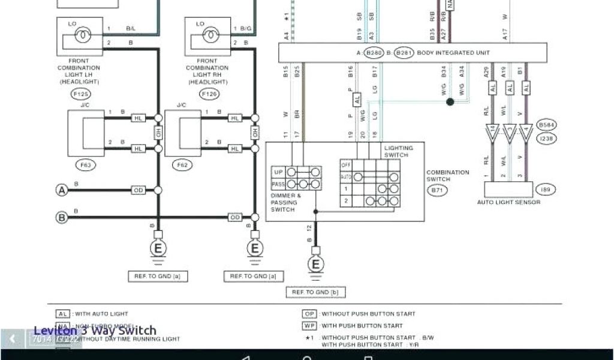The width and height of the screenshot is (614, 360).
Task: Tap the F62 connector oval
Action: click(x=180, y=164)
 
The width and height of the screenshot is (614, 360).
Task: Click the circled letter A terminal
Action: click(x=61, y=190)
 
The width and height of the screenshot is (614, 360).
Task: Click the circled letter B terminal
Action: click(x=61, y=217)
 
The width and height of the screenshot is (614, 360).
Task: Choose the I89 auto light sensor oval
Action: click(x=546, y=190)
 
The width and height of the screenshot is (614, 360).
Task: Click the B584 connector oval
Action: click(x=546, y=125)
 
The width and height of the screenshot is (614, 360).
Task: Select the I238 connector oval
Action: click(x=546, y=137)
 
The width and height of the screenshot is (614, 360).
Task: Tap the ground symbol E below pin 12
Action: click(x=315, y=264)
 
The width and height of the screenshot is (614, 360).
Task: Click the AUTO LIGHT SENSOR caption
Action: click(x=508, y=202)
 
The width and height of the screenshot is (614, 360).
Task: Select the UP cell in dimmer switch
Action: click(x=278, y=172)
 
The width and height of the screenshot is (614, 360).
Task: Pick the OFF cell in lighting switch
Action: click(x=345, y=164)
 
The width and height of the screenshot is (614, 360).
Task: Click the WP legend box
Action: click(x=309, y=326)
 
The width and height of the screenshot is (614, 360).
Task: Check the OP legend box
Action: click(x=309, y=314)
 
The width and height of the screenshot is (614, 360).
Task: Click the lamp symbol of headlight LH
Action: click(x=82, y=36)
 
